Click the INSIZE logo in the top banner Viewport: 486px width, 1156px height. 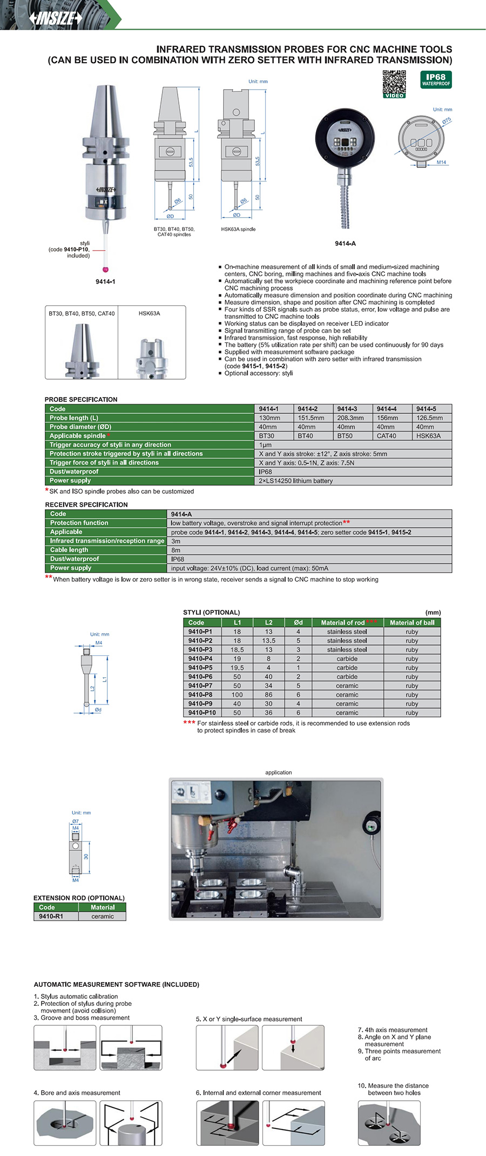(56, 18)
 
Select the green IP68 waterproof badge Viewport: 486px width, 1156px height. (436, 79)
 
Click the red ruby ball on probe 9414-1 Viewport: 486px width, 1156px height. (105, 269)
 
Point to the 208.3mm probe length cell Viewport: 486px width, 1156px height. (350, 418)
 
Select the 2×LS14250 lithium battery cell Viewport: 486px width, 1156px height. (296, 481)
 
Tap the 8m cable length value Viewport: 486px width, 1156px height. (176, 550)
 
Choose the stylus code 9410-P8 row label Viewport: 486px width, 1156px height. (200, 695)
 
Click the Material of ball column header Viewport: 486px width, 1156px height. (412, 623)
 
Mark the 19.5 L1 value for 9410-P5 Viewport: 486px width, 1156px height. (237, 668)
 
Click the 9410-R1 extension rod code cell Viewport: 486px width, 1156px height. (51, 917)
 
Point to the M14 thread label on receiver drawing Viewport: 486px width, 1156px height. (442, 163)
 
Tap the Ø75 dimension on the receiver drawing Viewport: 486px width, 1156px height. (446, 122)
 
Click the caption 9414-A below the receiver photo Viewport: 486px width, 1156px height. (345, 244)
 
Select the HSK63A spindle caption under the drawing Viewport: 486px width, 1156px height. (238, 230)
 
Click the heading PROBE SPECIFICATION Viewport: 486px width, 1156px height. (81, 400)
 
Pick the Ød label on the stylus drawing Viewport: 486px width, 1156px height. (98, 710)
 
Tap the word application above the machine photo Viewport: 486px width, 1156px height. (278, 772)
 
